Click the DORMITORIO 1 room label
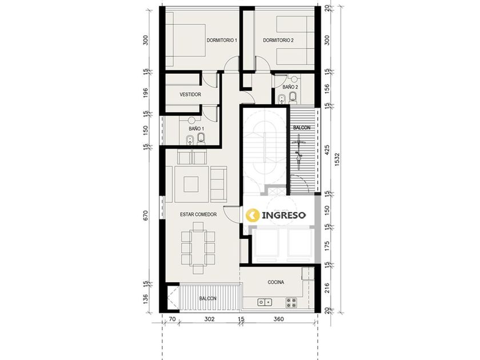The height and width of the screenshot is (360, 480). point(222,40)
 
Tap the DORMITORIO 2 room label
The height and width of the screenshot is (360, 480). point(278,40)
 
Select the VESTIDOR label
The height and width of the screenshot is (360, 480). point(190,95)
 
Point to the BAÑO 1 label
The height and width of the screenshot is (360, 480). point(196,129)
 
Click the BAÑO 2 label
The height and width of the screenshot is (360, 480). point(290,87)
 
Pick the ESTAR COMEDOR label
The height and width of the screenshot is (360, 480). point(198,215)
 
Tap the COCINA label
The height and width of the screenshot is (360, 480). point(276,282)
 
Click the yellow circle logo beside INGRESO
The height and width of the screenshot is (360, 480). point(253,215)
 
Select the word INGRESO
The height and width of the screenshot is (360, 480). point(284,215)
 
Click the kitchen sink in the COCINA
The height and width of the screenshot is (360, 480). point(265,302)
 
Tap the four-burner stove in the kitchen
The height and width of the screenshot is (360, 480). point(291,302)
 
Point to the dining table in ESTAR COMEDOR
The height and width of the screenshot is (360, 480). point(198,248)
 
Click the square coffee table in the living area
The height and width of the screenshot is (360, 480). point(191,184)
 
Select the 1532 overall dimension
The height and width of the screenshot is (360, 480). point(337,160)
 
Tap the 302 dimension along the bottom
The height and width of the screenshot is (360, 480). point(209,319)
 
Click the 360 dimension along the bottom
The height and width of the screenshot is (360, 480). point(279,319)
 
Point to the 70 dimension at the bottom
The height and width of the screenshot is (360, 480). point(172,319)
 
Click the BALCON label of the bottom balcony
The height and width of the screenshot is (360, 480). point(208,298)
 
